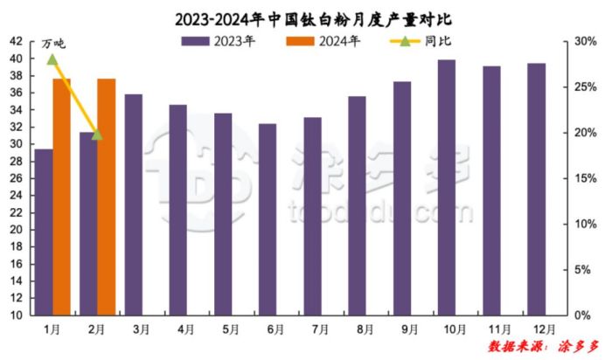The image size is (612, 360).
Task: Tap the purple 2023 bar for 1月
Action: [x=44, y=232]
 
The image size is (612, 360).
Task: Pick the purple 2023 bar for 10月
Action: [x=446, y=187]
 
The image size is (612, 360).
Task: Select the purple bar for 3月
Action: [x=133, y=204]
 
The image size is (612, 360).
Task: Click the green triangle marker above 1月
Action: [x=52, y=59]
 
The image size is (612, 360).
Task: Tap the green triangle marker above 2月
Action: [x=97, y=134]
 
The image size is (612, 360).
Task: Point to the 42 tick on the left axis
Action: [x=17, y=41]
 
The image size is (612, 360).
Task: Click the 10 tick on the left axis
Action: [x=17, y=315]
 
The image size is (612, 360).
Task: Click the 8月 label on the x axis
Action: [x=357, y=329]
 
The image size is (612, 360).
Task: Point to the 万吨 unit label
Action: [x=53, y=43]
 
